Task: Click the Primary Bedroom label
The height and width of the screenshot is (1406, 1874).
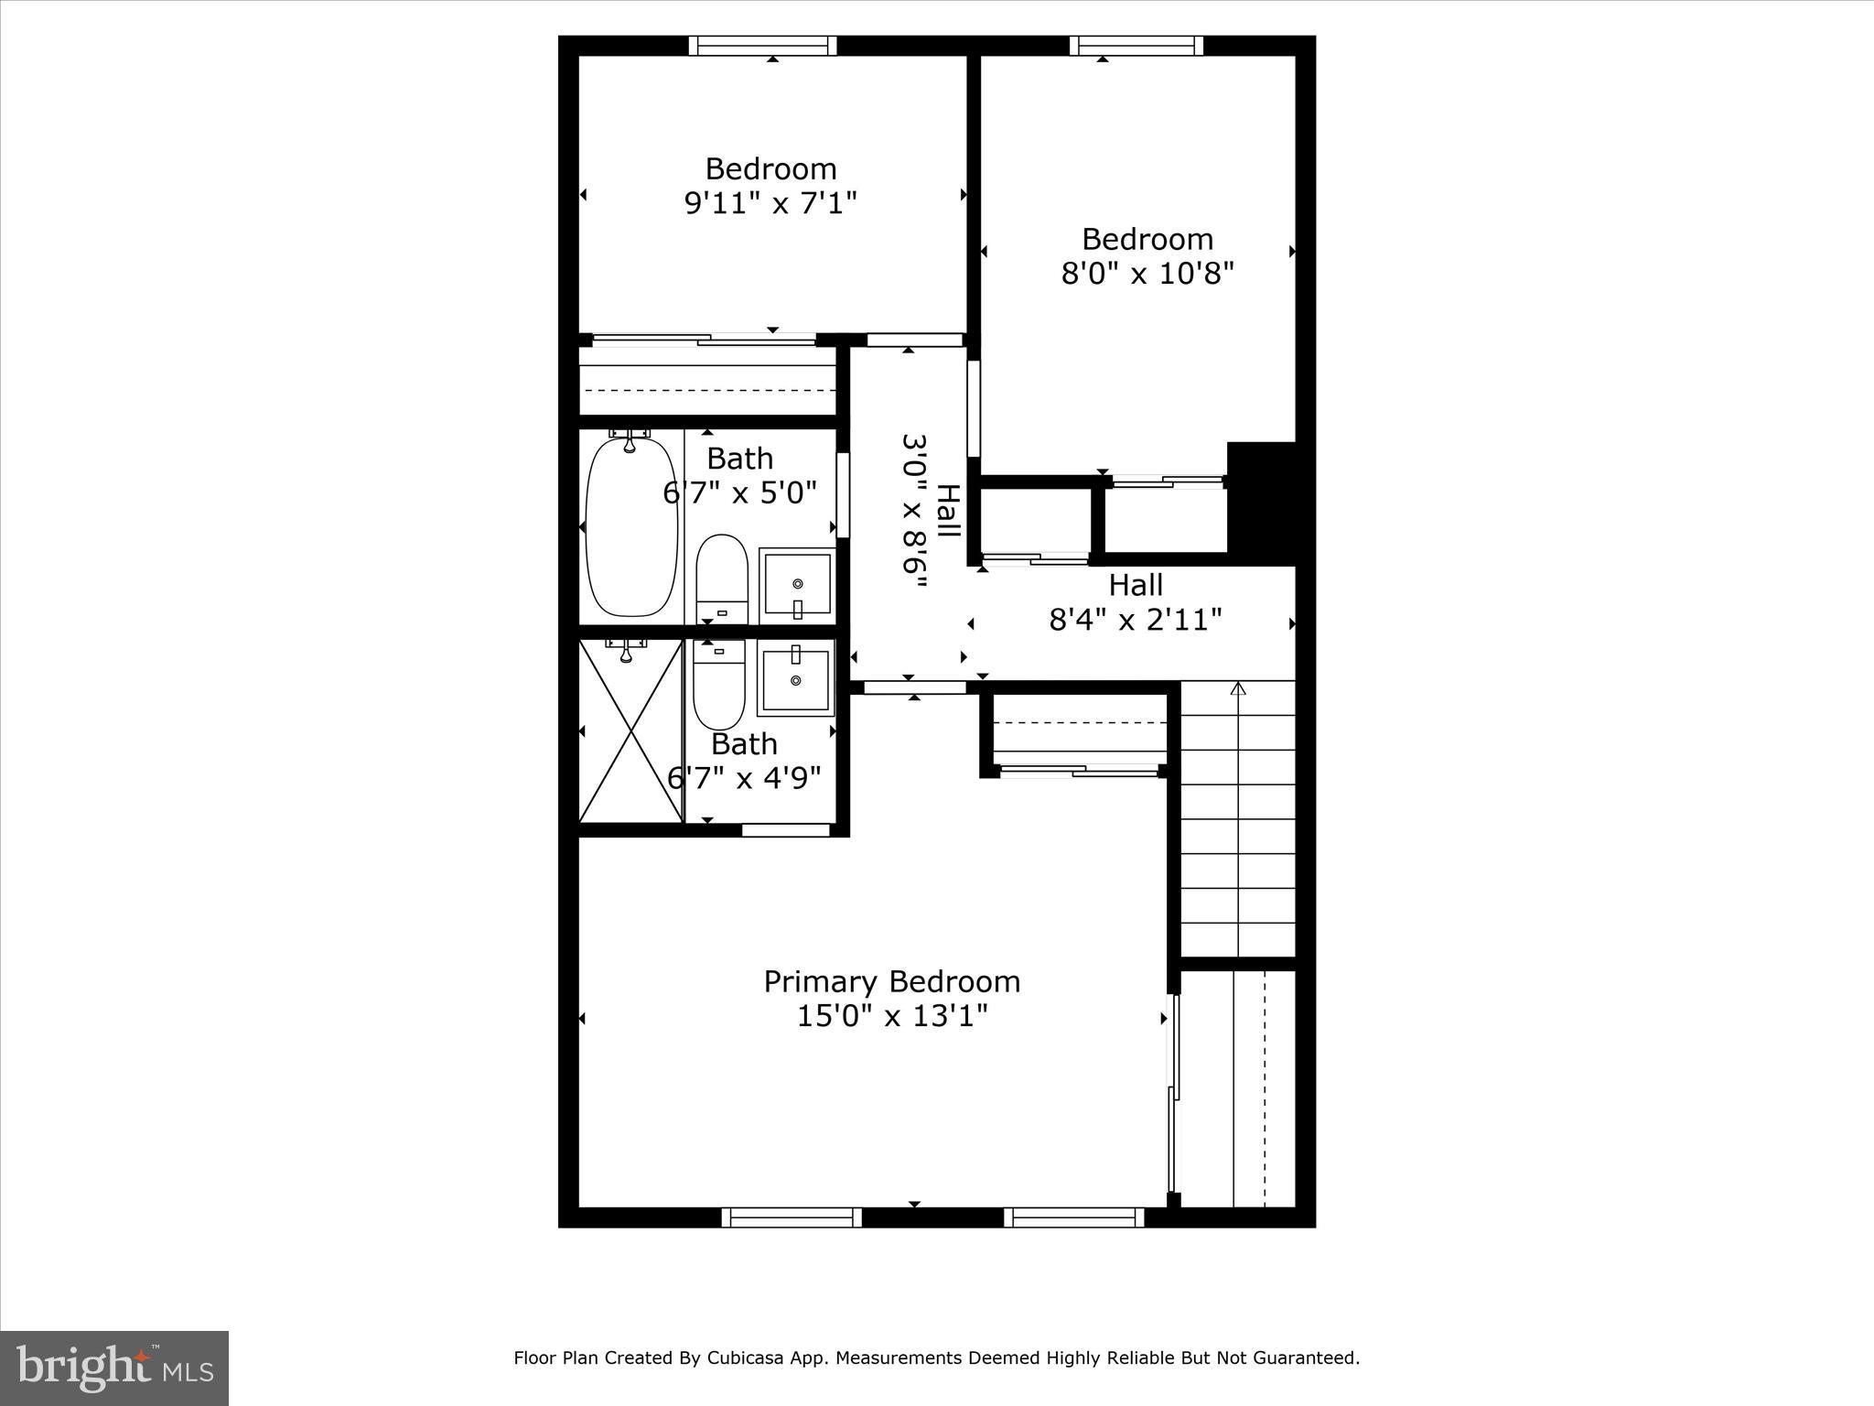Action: click(891, 981)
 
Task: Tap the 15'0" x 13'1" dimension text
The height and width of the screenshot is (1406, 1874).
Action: click(891, 1016)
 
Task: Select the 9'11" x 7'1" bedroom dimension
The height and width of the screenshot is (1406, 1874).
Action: click(770, 202)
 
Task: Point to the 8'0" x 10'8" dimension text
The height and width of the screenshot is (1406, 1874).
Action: click(1147, 273)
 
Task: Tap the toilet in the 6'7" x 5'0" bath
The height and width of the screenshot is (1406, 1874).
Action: click(722, 579)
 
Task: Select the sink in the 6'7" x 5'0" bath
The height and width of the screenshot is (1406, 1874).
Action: click(797, 583)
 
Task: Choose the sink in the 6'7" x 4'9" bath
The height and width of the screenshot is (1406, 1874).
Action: click(796, 678)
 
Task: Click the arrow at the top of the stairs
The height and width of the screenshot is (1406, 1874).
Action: click(1238, 689)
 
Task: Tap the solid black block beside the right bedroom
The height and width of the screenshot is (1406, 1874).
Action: click(1261, 499)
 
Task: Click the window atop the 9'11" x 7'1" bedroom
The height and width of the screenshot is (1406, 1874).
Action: click(762, 46)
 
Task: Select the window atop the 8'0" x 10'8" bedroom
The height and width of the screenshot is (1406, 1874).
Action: click(1136, 46)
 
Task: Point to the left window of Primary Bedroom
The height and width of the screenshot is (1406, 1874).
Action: click(792, 1217)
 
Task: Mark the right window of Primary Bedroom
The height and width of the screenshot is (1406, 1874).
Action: click(1073, 1217)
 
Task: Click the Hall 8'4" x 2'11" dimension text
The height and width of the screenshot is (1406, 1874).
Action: click(1135, 620)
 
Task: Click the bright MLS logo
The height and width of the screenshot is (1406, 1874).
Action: click(114, 1368)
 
